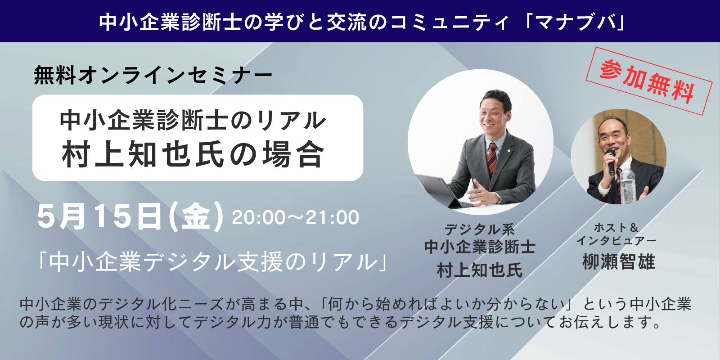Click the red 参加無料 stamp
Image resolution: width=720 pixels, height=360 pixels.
pyautogui.click(x=649, y=81)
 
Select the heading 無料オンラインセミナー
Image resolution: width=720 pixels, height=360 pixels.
pyautogui.click(x=153, y=75)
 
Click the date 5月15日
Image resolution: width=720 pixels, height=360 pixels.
pyautogui.click(x=99, y=216)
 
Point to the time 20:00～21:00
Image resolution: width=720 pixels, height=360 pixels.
pyautogui.click(x=295, y=218)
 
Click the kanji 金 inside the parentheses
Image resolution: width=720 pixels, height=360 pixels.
pyautogui.click(x=196, y=216)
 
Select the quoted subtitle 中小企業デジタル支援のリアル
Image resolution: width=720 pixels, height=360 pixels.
pyautogui.click(x=213, y=261)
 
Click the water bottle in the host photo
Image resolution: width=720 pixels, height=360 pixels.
pyautogui.click(x=627, y=185)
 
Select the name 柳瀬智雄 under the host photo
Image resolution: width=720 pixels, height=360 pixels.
pyautogui.click(x=618, y=261)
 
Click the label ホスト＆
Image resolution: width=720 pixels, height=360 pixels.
pyautogui.click(x=616, y=228)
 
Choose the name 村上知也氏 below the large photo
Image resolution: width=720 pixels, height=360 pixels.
pyautogui.click(x=480, y=270)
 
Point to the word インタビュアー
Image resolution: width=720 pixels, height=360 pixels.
pyautogui.click(x=616, y=241)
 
